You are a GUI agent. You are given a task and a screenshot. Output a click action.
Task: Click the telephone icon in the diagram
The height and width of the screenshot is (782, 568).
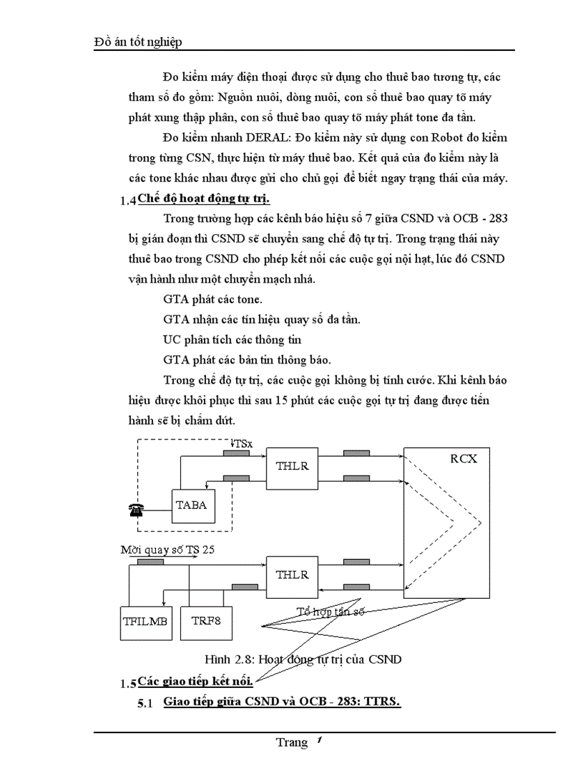[x=136, y=510]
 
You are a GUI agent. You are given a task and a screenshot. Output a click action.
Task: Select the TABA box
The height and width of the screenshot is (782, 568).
[x=192, y=505]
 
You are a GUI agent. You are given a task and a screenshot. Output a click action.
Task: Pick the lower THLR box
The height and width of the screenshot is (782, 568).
[x=292, y=575]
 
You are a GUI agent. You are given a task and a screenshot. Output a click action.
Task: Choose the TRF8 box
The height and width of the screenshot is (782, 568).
[x=206, y=620]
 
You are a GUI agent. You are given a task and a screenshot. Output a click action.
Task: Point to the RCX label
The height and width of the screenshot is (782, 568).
[x=463, y=459]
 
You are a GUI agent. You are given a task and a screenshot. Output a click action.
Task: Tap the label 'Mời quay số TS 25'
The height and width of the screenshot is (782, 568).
[x=167, y=549]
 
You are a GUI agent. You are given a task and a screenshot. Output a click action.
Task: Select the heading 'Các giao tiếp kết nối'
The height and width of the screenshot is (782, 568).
[x=195, y=680]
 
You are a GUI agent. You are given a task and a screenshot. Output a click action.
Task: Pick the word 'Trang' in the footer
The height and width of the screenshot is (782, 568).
[x=291, y=742]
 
